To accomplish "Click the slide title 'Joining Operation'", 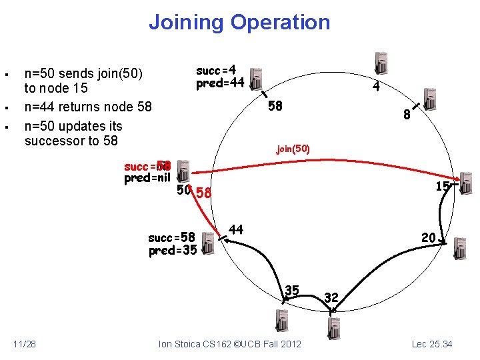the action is tap(239, 22).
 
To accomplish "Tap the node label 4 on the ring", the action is tap(376, 87).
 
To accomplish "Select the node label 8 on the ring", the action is tap(407, 115).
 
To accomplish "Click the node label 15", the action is tap(442, 187).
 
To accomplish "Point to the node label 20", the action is tap(428, 238).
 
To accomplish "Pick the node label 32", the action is tap(331, 297).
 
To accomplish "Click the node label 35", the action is tap(292, 290).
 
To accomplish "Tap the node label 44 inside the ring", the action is tap(235, 229).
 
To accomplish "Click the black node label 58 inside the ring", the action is tap(275, 106).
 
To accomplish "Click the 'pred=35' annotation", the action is tap(172, 251).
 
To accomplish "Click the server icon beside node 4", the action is tap(382, 63).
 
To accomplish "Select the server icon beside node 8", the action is tap(429, 99).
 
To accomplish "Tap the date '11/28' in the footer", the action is tap(25, 344).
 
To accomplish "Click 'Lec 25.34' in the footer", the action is tap(432, 344).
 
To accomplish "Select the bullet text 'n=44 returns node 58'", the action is tap(88, 107).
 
